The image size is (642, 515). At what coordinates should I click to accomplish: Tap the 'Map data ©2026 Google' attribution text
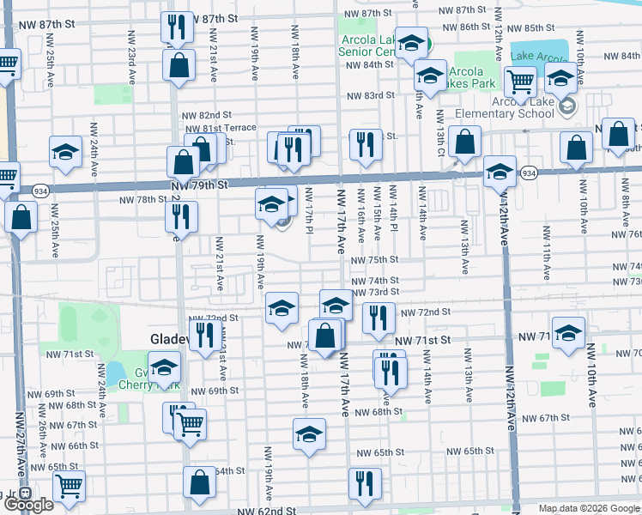(589, 508)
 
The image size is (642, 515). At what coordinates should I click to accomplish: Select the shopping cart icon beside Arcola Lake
(520, 82)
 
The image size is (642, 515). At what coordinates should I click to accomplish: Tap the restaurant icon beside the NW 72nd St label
(379, 317)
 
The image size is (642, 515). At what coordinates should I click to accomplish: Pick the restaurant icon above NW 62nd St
(365, 483)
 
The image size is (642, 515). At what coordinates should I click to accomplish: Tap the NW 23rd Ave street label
(132, 65)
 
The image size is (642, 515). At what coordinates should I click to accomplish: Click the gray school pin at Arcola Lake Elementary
(566, 106)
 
